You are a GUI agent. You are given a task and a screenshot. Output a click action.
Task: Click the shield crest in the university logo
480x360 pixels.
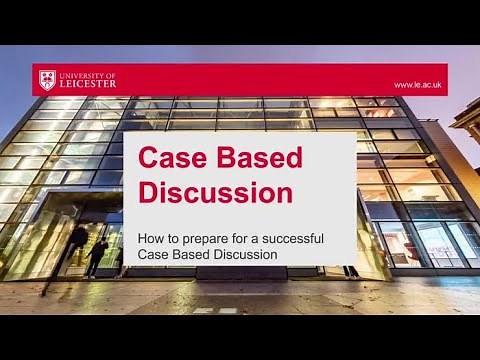point(45,79)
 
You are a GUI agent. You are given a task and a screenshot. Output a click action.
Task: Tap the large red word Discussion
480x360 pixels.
point(214,191)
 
